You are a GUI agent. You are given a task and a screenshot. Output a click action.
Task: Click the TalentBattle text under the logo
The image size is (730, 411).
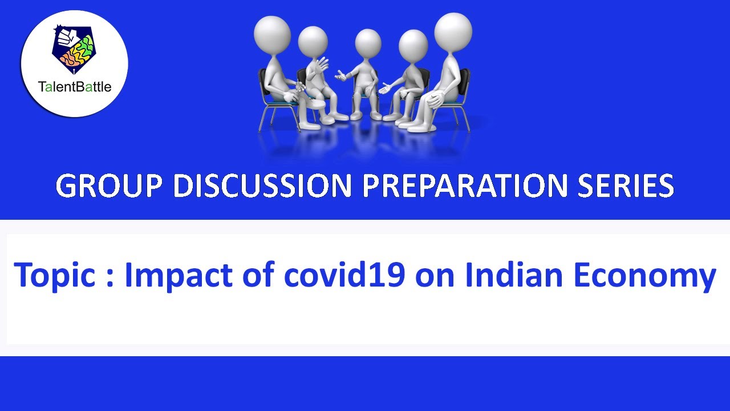74,87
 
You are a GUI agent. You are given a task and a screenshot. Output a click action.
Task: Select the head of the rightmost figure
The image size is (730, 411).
453,31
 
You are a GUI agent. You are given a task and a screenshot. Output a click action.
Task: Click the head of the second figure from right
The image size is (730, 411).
413,45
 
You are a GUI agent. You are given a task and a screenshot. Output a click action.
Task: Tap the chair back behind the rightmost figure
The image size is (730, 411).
464,86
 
